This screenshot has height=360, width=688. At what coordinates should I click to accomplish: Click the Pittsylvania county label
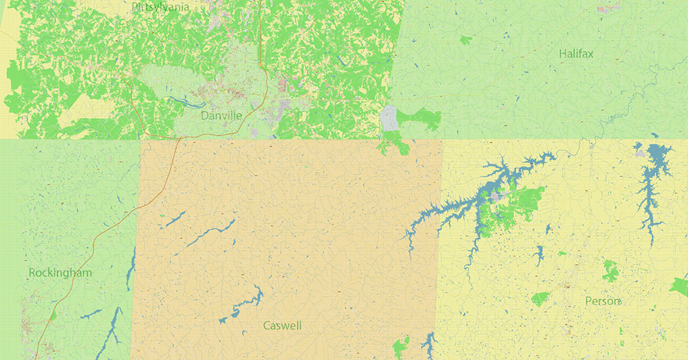click(160, 7)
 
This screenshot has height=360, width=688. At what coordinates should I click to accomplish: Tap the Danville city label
click(221, 116)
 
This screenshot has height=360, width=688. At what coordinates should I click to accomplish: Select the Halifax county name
click(576, 53)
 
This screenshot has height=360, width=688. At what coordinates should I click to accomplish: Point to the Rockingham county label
click(60, 273)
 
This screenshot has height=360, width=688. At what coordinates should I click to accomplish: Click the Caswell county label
click(282, 325)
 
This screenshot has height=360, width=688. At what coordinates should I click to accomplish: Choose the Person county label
click(603, 301)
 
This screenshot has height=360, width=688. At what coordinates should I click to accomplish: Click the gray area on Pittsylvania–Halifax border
click(388, 118)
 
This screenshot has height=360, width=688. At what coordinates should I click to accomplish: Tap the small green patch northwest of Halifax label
click(466, 40)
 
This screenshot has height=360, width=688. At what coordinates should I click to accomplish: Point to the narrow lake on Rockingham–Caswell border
click(130, 268)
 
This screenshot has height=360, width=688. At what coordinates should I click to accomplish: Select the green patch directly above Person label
click(610, 270)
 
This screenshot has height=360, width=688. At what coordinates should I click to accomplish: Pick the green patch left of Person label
click(540, 299)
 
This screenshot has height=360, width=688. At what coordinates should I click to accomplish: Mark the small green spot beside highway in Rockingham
click(53, 315)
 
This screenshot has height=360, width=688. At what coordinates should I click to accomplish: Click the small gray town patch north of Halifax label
click(608, 9)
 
